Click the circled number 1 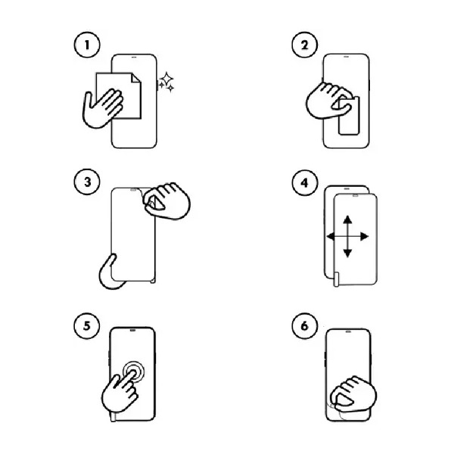[87, 45]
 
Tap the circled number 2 [304, 45]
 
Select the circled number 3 [87, 182]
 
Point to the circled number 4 [304, 183]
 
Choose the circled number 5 [87, 325]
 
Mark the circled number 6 [304, 325]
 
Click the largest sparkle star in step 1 [167, 79]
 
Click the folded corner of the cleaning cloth [136, 78]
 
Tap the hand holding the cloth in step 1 [101, 108]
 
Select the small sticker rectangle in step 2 [349, 116]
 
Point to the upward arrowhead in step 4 [347, 219]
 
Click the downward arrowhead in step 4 [347, 253]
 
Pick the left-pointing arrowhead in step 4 [331, 236]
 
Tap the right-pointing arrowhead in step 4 [364, 236]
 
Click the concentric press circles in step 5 [133, 371]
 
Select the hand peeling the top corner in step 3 [166, 201]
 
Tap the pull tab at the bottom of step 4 [337, 279]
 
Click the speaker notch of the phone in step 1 [134, 57]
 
